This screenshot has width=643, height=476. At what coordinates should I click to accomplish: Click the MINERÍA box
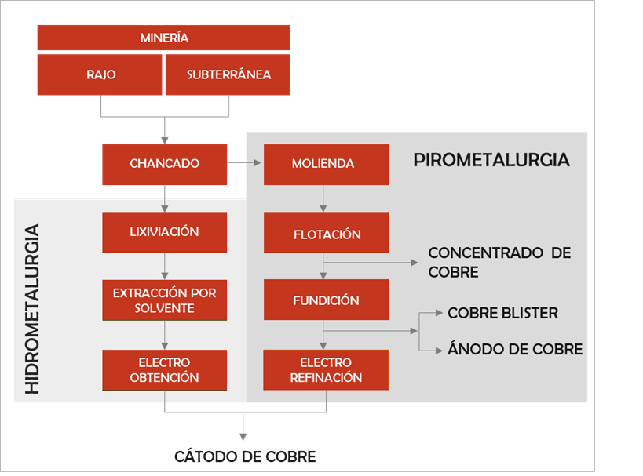click(x=164, y=38)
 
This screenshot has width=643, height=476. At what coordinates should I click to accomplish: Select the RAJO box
click(x=100, y=74)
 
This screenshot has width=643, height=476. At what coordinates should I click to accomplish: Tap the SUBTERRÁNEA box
click(x=228, y=74)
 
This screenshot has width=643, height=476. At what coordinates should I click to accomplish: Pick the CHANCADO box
click(x=164, y=164)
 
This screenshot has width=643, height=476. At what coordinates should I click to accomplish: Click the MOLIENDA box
click(x=326, y=164)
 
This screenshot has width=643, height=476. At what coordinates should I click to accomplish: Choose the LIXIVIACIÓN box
click(x=164, y=232)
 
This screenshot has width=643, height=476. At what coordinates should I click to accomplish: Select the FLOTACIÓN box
click(x=326, y=234)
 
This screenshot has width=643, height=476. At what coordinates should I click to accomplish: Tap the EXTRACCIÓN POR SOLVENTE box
click(x=164, y=300)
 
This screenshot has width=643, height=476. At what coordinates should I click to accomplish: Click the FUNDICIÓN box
click(x=326, y=300)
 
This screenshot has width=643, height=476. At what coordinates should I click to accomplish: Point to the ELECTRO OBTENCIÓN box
click(x=164, y=370)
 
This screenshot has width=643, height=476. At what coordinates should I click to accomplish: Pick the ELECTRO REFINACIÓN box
click(x=326, y=370)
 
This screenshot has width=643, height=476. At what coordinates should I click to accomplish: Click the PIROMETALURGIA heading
click(x=491, y=160)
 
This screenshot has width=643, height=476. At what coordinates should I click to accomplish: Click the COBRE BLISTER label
click(x=502, y=313)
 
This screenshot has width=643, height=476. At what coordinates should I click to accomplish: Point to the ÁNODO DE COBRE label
click(x=514, y=349)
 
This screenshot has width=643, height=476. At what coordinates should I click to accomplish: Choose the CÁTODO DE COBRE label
click(x=244, y=456)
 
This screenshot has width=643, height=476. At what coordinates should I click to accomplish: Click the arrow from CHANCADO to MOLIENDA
click(x=245, y=164)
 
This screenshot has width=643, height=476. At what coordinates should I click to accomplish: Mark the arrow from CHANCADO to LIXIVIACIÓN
click(x=164, y=198)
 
